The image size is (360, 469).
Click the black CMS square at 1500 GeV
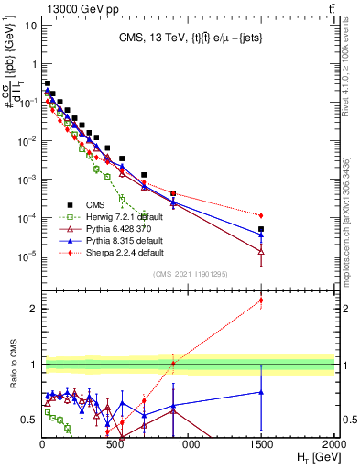click(x=261, y=229)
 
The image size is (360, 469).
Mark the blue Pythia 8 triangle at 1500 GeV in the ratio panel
click(x=261, y=392)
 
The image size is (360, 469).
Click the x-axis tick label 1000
click(x=188, y=444)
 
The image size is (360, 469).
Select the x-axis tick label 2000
click(x=333, y=444)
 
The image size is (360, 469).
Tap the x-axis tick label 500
click(x=115, y=444)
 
